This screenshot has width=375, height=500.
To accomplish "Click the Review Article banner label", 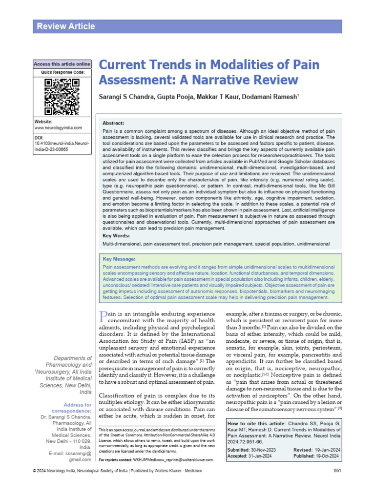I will [66, 26].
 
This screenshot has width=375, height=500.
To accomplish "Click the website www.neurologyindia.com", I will [58, 128].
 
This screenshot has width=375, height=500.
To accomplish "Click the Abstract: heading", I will [113, 123].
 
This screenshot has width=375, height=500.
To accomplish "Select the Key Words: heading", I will [116, 235].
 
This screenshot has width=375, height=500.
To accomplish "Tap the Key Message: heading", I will [119, 259].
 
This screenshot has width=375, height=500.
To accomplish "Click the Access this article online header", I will [62, 64].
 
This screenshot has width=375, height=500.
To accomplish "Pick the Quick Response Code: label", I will [62, 73].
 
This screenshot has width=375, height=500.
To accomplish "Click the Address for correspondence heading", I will [77, 408].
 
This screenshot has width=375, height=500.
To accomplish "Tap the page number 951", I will [337, 484].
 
